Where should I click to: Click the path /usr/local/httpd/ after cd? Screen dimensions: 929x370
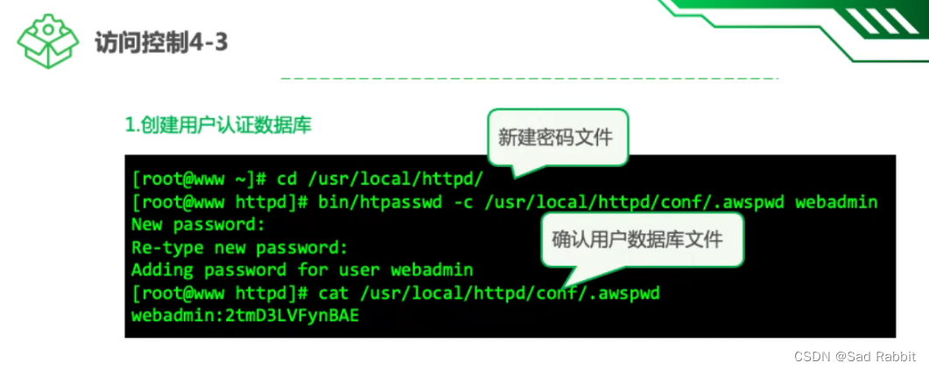tap(391, 179)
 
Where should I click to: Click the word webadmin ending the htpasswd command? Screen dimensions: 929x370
tap(836, 202)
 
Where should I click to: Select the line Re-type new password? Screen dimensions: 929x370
tap(240, 248)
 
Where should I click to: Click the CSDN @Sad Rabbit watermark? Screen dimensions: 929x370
tap(855, 356)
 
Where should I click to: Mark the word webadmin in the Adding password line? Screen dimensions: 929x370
tap(433, 270)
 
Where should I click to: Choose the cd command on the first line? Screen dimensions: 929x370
tap(286, 179)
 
